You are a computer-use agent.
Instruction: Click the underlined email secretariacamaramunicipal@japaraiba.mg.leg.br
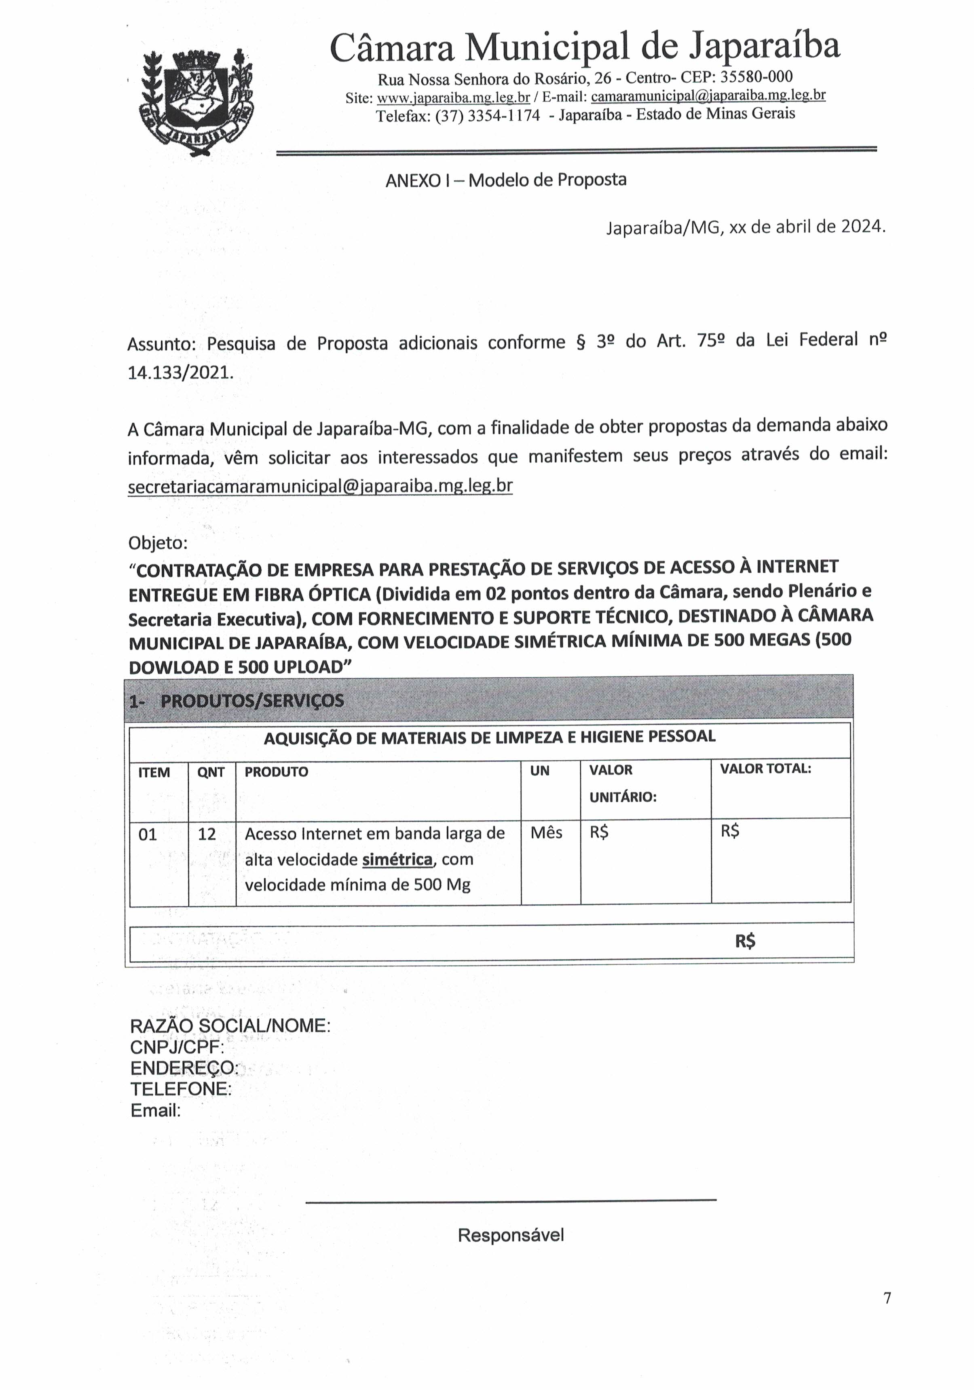[x=320, y=486]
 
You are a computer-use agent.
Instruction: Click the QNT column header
[x=211, y=772]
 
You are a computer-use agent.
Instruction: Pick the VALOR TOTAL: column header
[x=765, y=769]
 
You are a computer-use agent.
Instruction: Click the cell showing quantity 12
[x=207, y=834]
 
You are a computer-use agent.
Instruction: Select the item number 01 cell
[x=148, y=835]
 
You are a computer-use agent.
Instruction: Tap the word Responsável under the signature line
[x=510, y=1235]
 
